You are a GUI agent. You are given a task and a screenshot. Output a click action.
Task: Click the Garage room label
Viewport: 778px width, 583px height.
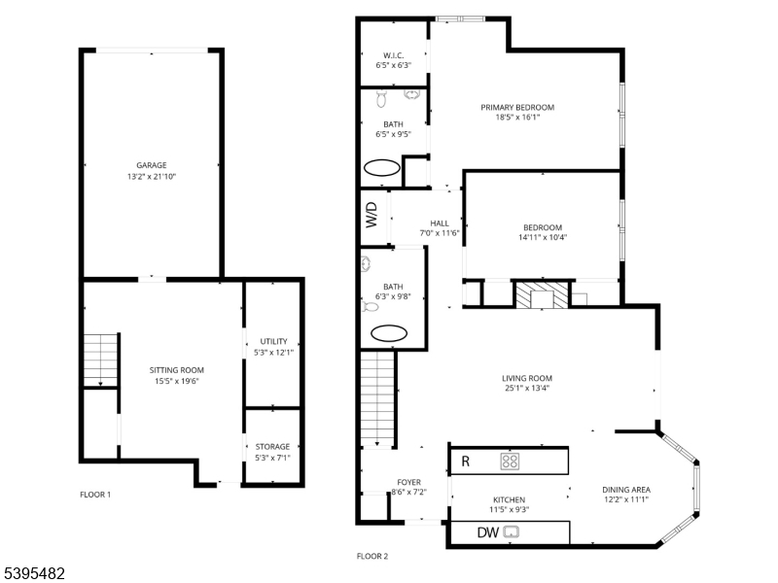pos(151,165)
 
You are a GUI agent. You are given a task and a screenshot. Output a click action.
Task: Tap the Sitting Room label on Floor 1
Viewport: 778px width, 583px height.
pos(176,369)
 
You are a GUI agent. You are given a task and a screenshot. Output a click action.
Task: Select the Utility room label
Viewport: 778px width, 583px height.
pos(273,341)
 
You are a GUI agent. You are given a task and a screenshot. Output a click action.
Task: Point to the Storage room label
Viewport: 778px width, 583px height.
pos(273,446)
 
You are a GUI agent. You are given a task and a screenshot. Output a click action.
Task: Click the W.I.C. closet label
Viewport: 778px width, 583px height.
pos(393,55)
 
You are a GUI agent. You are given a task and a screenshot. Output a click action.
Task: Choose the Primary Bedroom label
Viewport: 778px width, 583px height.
pos(517,107)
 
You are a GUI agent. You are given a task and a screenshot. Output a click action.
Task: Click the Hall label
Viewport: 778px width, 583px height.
pos(440,223)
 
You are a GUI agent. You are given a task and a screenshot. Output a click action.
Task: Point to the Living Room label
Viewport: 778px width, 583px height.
pos(527,378)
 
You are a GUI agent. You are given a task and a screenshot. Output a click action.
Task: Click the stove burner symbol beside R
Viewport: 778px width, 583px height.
pos(511,461)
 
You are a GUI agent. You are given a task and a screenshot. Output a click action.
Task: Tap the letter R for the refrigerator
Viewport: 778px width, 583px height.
pos(466,462)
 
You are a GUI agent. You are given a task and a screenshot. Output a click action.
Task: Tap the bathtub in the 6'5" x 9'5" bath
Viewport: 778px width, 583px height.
pos(381,168)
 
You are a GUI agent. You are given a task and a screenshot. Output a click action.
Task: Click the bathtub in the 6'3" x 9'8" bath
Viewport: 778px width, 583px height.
pos(388,333)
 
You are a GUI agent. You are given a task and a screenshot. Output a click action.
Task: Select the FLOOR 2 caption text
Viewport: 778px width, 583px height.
pos(372,557)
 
